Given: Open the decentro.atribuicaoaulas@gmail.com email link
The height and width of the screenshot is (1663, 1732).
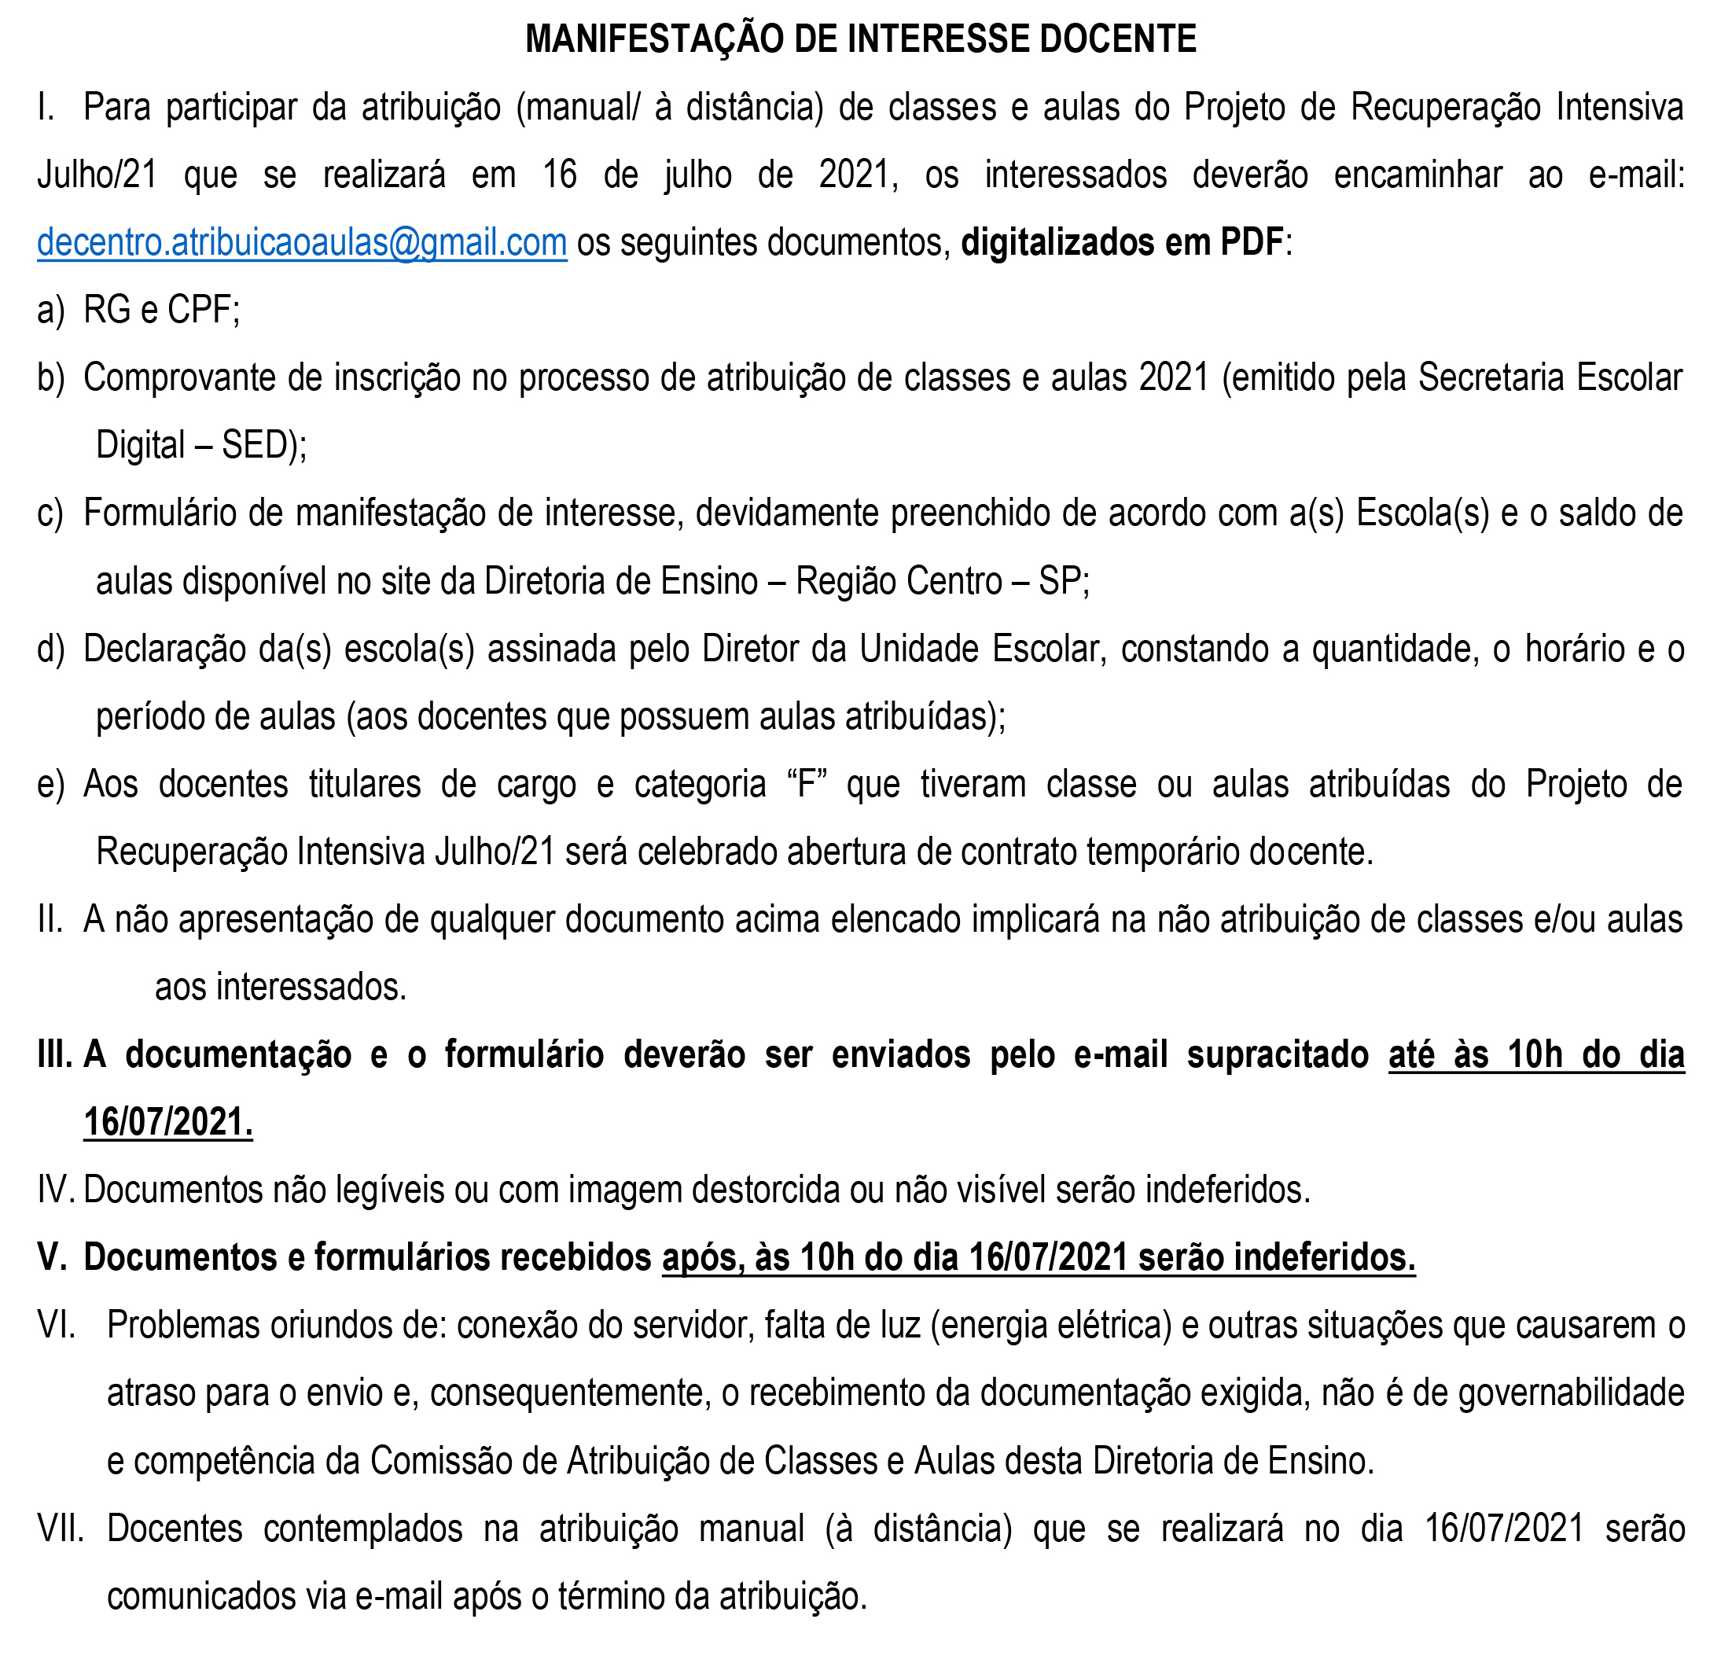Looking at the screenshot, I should click(x=301, y=242).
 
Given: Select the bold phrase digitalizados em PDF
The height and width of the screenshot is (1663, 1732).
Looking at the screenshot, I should click(x=1121, y=242).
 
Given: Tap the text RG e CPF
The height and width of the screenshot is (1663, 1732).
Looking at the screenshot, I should click(x=161, y=310).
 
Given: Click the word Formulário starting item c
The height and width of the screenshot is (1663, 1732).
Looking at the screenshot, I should click(x=160, y=513).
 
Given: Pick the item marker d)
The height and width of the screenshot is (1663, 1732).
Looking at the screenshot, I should click(x=50, y=649).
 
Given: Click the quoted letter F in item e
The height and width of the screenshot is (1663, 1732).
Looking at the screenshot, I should click(x=805, y=785).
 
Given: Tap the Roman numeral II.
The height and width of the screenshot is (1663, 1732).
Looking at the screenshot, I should click(x=50, y=920).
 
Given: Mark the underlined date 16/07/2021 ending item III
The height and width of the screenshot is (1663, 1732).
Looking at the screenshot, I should click(x=168, y=1123).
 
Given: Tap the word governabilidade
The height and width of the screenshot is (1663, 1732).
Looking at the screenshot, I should click(x=1571, y=1393).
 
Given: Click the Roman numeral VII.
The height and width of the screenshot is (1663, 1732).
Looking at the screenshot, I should click(x=60, y=1529).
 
